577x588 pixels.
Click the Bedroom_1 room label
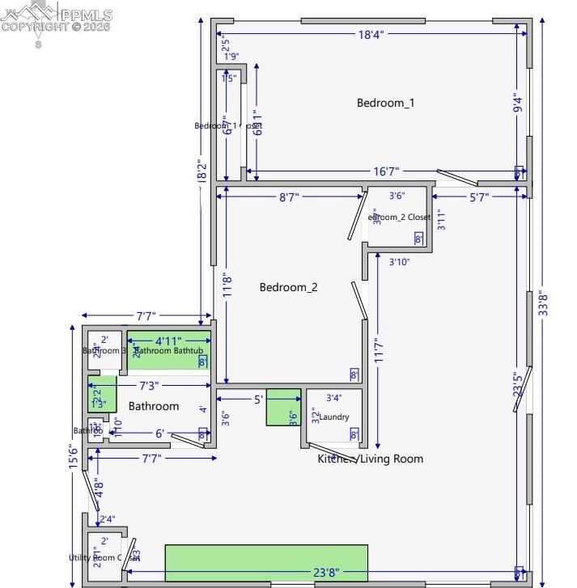(x=385, y=103)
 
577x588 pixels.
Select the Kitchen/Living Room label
(x=370, y=459)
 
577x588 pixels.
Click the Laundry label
(x=334, y=417)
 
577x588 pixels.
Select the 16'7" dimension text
(x=386, y=171)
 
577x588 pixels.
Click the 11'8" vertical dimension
(x=228, y=285)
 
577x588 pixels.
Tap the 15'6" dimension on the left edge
(x=74, y=457)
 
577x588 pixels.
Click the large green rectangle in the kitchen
(x=266, y=563)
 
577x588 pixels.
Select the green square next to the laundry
(x=283, y=408)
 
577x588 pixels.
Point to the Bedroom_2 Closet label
(x=401, y=217)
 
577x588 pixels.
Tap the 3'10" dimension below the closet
(x=401, y=261)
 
